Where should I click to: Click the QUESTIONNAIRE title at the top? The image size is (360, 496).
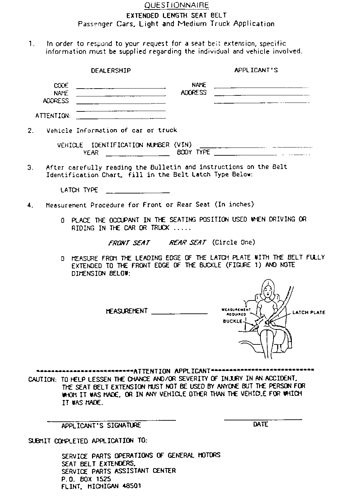(176, 5)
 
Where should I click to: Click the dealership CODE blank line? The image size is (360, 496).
(121, 88)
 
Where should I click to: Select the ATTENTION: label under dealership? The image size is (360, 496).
(53, 116)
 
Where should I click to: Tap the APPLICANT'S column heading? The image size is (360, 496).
(256, 71)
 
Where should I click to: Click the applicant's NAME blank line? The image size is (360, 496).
(261, 87)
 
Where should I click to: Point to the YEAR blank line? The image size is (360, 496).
(138, 155)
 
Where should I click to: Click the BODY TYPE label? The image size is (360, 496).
(193, 153)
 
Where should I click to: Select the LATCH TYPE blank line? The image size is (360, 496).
(138, 193)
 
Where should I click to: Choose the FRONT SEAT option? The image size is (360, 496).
(129, 243)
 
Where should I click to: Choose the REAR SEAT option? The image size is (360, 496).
(187, 243)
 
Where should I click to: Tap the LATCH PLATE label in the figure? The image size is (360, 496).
(309, 312)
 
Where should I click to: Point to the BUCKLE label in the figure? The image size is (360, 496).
(233, 321)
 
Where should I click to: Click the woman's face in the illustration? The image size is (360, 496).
(268, 291)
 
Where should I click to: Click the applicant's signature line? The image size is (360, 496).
(111, 420)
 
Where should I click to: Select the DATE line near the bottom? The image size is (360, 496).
(263, 419)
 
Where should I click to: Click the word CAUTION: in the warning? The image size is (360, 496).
(42, 379)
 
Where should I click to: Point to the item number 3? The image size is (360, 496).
(31, 168)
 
